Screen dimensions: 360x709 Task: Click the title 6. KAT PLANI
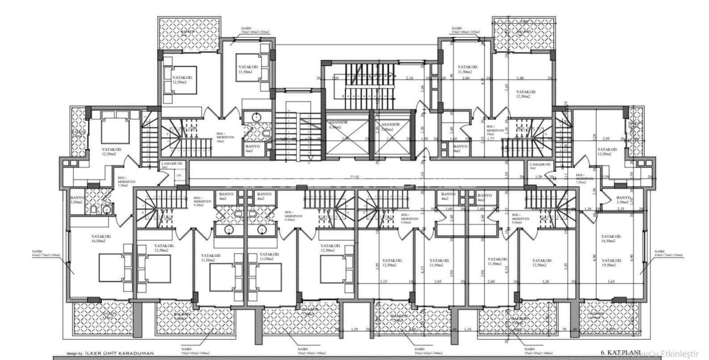[620, 353]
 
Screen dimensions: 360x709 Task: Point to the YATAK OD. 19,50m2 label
[612, 263]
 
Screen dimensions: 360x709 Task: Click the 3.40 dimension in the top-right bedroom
[520, 78]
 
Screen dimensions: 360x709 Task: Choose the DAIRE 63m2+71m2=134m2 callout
[668, 253]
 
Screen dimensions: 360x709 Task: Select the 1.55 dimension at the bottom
[355, 330]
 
